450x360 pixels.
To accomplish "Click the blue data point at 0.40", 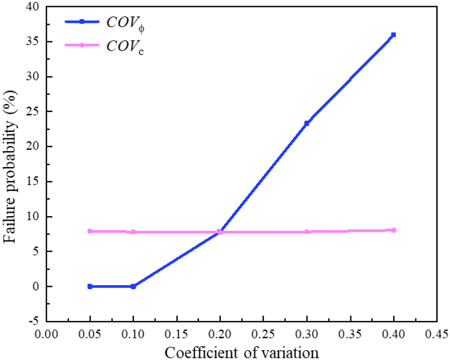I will point(393,35).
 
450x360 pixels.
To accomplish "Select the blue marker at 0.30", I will point(307,123).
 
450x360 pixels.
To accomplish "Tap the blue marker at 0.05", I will point(90,286).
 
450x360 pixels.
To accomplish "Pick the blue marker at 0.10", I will point(133,286).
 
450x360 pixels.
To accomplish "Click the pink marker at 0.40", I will point(393,230).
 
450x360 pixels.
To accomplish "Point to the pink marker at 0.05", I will point(90,231).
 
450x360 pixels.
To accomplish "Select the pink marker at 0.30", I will point(307,232).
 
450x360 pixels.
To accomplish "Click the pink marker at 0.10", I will point(133,232).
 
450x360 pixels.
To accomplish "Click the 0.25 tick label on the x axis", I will point(263,334).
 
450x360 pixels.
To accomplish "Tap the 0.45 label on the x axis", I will point(436,334).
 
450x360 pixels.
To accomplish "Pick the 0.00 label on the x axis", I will point(46,334).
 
